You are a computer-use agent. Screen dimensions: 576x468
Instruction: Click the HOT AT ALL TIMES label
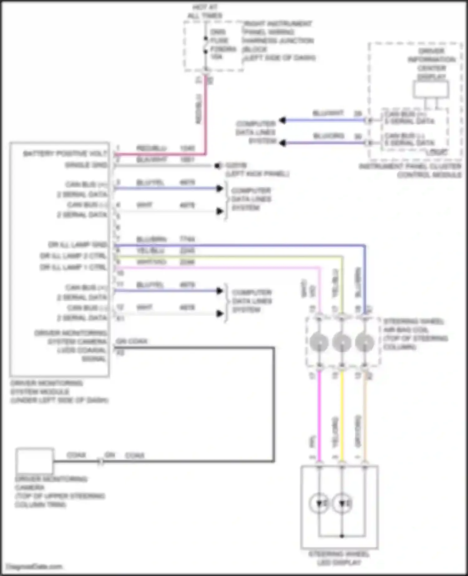(x=205, y=11)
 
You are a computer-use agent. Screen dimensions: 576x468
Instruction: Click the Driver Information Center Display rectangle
(x=431, y=90)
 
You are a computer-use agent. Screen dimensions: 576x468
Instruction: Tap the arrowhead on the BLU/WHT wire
(x=283, y=120)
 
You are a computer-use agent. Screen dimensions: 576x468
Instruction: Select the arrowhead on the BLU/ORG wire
(x=283, y=143)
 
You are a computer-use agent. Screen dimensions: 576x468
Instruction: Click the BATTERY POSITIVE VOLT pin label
(x=65, y=154)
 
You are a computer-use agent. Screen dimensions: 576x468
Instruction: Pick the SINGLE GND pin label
(x=86, y=165)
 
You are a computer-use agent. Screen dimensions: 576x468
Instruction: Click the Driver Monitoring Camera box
(x=35, y=461)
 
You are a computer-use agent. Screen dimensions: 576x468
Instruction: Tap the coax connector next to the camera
(x=100, y=461)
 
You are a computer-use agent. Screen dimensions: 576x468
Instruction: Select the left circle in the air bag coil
(x=319, y=342)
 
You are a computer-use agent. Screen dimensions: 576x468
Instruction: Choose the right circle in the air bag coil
(x=364, y=342)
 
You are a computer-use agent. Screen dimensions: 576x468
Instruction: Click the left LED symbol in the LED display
(x=319, y=503)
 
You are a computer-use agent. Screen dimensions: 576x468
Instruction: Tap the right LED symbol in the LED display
(x=342, y=503)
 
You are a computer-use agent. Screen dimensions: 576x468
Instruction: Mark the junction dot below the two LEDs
(x=342, y=536)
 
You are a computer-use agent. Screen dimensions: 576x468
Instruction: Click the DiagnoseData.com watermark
(x=34, y=567)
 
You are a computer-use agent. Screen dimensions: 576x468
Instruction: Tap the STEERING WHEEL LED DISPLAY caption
(x=339, y=558)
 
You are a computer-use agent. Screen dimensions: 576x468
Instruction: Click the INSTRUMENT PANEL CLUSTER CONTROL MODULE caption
(x=410, y=170)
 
